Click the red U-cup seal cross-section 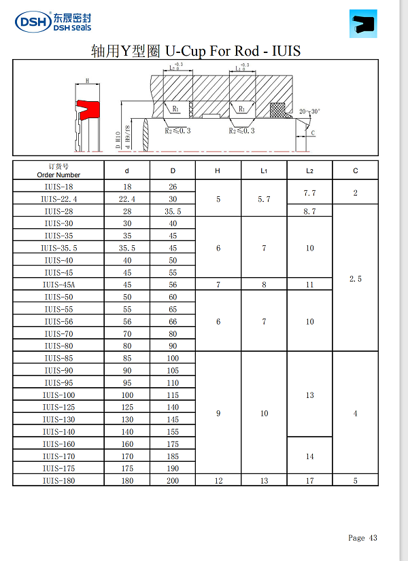click(x=87, y=109)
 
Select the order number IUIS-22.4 click(x=58, y=199)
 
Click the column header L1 click(x=264, y=171)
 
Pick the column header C click(x=355, y=171)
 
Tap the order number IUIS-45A click(x=58, y=285)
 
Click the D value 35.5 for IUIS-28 click(x=173, y=212)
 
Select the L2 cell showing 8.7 click(x=309, y=212)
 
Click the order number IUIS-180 click(x=58, y=481)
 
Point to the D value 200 click(x=173, y=481)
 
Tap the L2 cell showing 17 click(x=309, y=481)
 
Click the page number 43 click(x=373, y=538)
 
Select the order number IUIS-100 click(x=58, y=395)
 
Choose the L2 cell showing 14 click(x=309, y=456)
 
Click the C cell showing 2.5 click(x=355, y=279)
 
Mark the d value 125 click(x=126, y=408)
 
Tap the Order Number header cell click(x=58, y=171)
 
